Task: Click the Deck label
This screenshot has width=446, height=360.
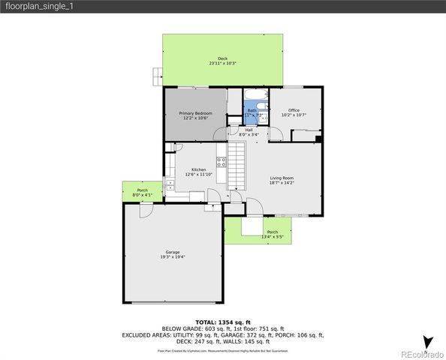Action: (x=222, y=58)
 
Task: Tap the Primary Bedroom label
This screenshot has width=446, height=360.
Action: (x=195, y=113)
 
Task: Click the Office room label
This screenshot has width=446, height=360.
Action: (x=294, y=110)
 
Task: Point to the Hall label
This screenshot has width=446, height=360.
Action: (x=249, y=130)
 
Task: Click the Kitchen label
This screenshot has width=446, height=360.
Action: (x=199, y=169)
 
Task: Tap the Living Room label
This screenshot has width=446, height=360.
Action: (x=282, y=178)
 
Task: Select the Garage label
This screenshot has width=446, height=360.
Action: (x=173, y=252)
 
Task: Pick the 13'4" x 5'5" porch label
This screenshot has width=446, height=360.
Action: (x=273, y=232)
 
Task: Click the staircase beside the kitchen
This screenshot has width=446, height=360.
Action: (x=237, y=166)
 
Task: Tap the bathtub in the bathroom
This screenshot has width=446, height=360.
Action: (x=255, y=94)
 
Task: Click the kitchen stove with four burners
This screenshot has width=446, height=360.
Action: (x=221, y=159)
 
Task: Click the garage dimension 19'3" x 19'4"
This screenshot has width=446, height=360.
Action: (x=173, y=257)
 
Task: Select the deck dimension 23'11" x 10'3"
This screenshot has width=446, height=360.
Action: (x=222, y=63)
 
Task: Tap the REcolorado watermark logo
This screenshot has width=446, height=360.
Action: (x=420, y=353)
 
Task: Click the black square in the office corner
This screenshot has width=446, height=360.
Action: (x=319, y=139)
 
